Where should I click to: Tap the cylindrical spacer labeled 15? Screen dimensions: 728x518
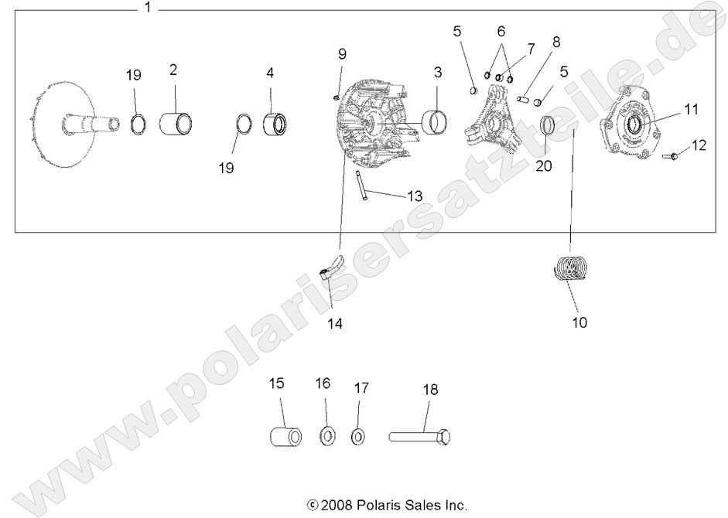(284, 435)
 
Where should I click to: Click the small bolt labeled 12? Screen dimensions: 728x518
(670, 156)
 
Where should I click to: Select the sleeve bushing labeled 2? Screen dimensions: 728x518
(176, 122)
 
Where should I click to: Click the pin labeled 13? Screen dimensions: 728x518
(361, 185)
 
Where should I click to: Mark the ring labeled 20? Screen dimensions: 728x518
(547, 125)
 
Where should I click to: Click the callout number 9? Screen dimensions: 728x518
(342, 53)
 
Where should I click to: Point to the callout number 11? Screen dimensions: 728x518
(691, 110)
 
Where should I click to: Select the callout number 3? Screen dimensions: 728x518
(437, 73)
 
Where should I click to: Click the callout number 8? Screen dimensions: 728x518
(556, 42)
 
